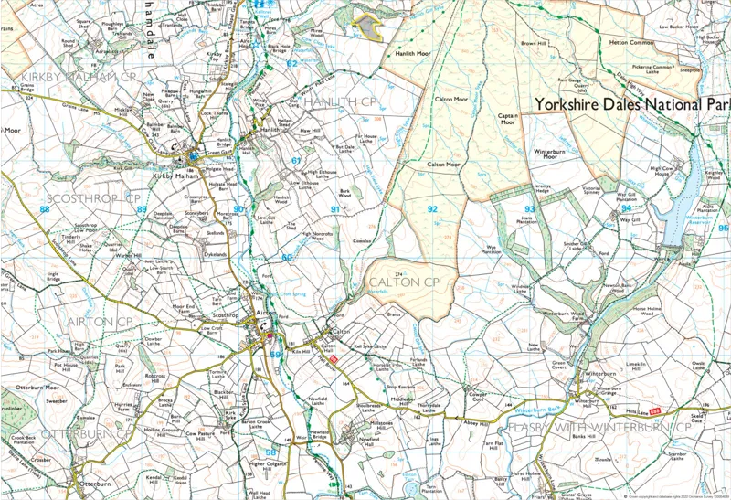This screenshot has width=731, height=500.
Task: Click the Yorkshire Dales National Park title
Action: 631,104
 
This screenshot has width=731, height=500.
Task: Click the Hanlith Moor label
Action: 412,54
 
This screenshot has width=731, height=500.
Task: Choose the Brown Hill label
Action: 533,43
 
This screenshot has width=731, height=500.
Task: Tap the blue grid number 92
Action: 432,209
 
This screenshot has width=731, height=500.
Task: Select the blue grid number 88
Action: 44,209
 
